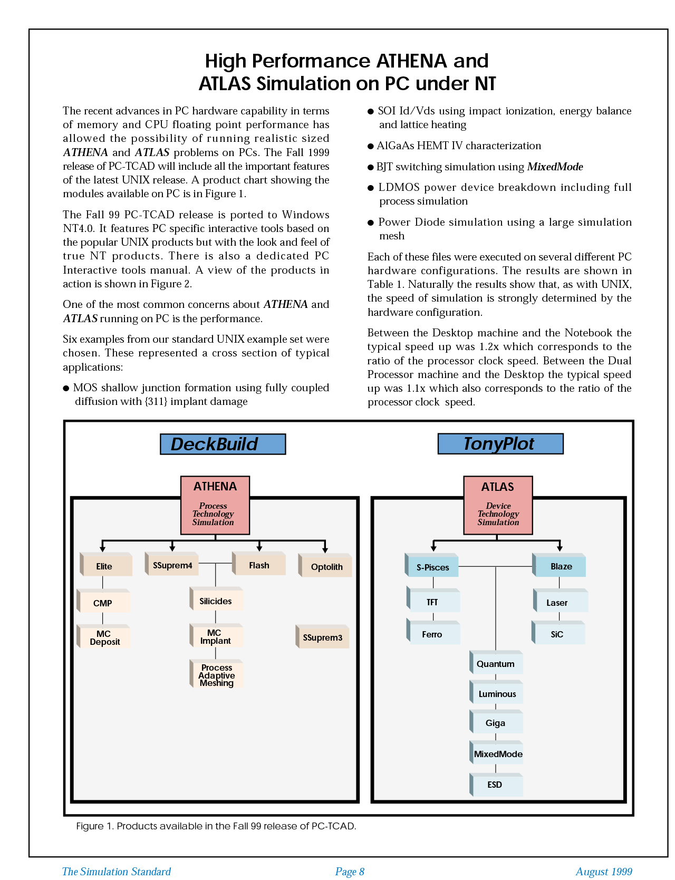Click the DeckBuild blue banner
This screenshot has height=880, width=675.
[223, 444]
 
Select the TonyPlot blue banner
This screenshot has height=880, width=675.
[500, 443]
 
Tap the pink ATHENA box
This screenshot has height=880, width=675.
[215, 505]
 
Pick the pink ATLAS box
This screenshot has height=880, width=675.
[498, 505]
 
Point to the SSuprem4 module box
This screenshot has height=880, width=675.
[172, 565]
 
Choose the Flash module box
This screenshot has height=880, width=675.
[259, 565]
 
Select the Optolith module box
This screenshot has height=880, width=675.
[326, 566]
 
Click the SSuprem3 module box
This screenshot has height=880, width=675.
[323, 637]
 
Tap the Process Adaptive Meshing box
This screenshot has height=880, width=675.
[217, 675]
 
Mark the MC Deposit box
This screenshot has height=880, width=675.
[104, 637]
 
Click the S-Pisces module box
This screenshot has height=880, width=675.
[432, 567]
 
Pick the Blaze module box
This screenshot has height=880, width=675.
[560, 566]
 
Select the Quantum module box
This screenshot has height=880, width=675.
[496, 664]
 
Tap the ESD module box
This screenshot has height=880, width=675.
[496, 785]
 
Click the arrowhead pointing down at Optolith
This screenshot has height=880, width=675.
[325, 549]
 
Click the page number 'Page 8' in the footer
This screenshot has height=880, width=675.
[350, 872]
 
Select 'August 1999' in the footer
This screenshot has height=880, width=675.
[604, 872]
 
